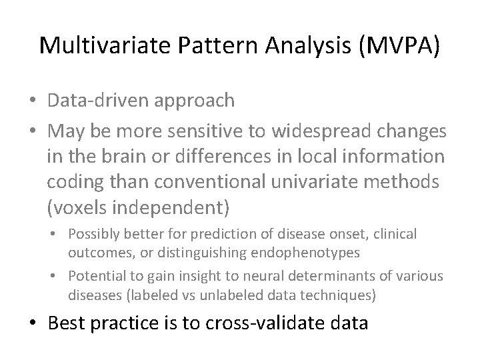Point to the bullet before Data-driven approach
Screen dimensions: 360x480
(33, 101)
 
